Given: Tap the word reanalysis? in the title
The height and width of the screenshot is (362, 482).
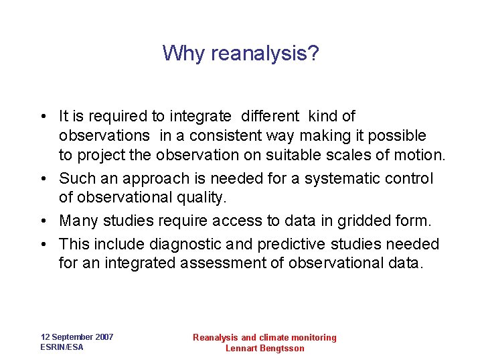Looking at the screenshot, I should (x=265, y=54).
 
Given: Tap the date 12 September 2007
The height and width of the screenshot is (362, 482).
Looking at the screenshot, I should (x=77, y=337).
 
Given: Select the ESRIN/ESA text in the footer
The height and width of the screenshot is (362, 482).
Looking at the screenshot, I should (x=62, y=347).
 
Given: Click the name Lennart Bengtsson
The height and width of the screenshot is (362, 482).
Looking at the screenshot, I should (x=264, y=349).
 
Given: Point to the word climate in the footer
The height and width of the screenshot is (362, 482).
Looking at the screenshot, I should (x=276, y=338).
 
